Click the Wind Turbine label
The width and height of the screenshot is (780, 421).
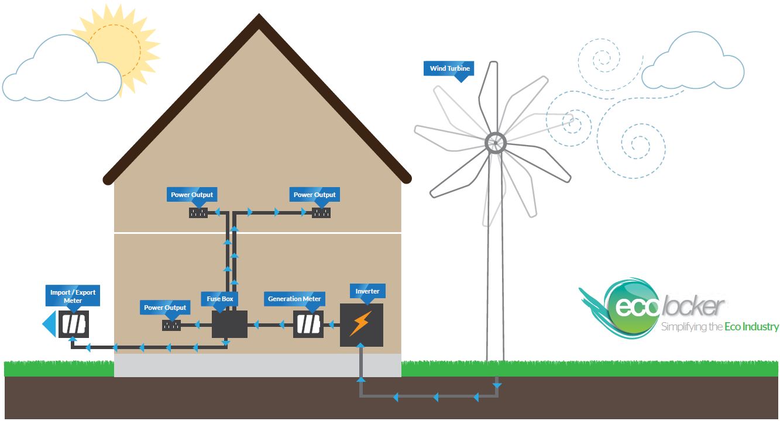(x=449, y=68)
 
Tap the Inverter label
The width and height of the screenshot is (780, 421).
(x=367, y=291)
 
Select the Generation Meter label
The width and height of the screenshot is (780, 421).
(x=294, y=299)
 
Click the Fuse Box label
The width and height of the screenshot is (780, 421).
(x=220, y=299)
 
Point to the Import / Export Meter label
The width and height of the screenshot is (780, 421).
(x=73, y=296)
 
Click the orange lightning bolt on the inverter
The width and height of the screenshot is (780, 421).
(x=361, y=323)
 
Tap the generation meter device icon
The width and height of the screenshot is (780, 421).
(x=308, y=325)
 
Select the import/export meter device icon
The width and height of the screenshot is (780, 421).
(x=74, y=325)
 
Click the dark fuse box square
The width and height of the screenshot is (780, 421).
(x=229, y=325)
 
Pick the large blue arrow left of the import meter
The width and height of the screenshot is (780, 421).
(x=50, y=325)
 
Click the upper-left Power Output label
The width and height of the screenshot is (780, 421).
(x=192, y=195)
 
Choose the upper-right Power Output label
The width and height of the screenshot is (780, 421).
(x=314, y=195)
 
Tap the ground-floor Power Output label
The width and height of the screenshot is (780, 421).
(x=165, y=308)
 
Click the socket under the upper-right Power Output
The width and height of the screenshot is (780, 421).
(x=321, y=213)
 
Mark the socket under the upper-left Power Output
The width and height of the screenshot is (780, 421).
(x=198, y=213)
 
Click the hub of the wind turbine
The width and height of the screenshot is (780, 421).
(x=495, y=143)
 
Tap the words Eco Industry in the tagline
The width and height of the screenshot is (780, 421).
(x=751, y=327)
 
